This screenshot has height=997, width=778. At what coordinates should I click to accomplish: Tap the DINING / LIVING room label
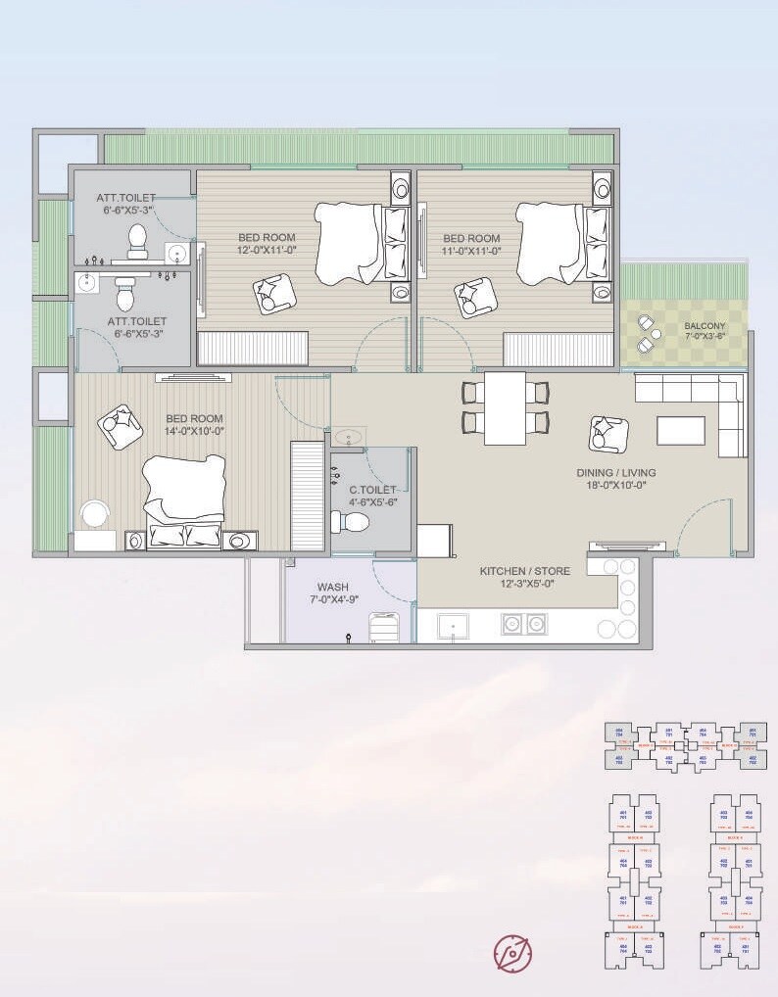click(615, 479)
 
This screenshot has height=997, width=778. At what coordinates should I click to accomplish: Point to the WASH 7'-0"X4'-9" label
click(332, 594)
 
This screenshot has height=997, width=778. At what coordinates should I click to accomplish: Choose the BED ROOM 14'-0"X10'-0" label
click(194, 425)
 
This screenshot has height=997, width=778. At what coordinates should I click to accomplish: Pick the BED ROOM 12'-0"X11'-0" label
click(267, 244)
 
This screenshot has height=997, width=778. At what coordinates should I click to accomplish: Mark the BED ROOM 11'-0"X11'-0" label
click(471, 244)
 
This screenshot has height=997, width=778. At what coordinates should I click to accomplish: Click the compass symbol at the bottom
click(512, 952)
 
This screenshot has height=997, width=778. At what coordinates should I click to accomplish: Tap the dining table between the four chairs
click(505, 407)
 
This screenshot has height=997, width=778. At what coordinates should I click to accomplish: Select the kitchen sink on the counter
click(453, 624)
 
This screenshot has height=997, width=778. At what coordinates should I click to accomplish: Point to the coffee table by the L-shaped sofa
click(680, 431)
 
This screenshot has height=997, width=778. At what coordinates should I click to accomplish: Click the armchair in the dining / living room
click(608, 434)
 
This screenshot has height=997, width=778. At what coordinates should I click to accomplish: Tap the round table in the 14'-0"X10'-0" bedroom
click(95, 514)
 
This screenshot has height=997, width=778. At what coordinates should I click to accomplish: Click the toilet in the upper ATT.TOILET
click(137, 239)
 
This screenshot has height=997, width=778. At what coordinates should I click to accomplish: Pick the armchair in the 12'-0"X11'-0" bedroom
click(272, 293)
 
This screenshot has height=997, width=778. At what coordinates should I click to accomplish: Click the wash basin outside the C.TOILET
click(348, 437)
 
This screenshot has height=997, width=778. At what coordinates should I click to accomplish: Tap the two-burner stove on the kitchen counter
click(522, 624)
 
